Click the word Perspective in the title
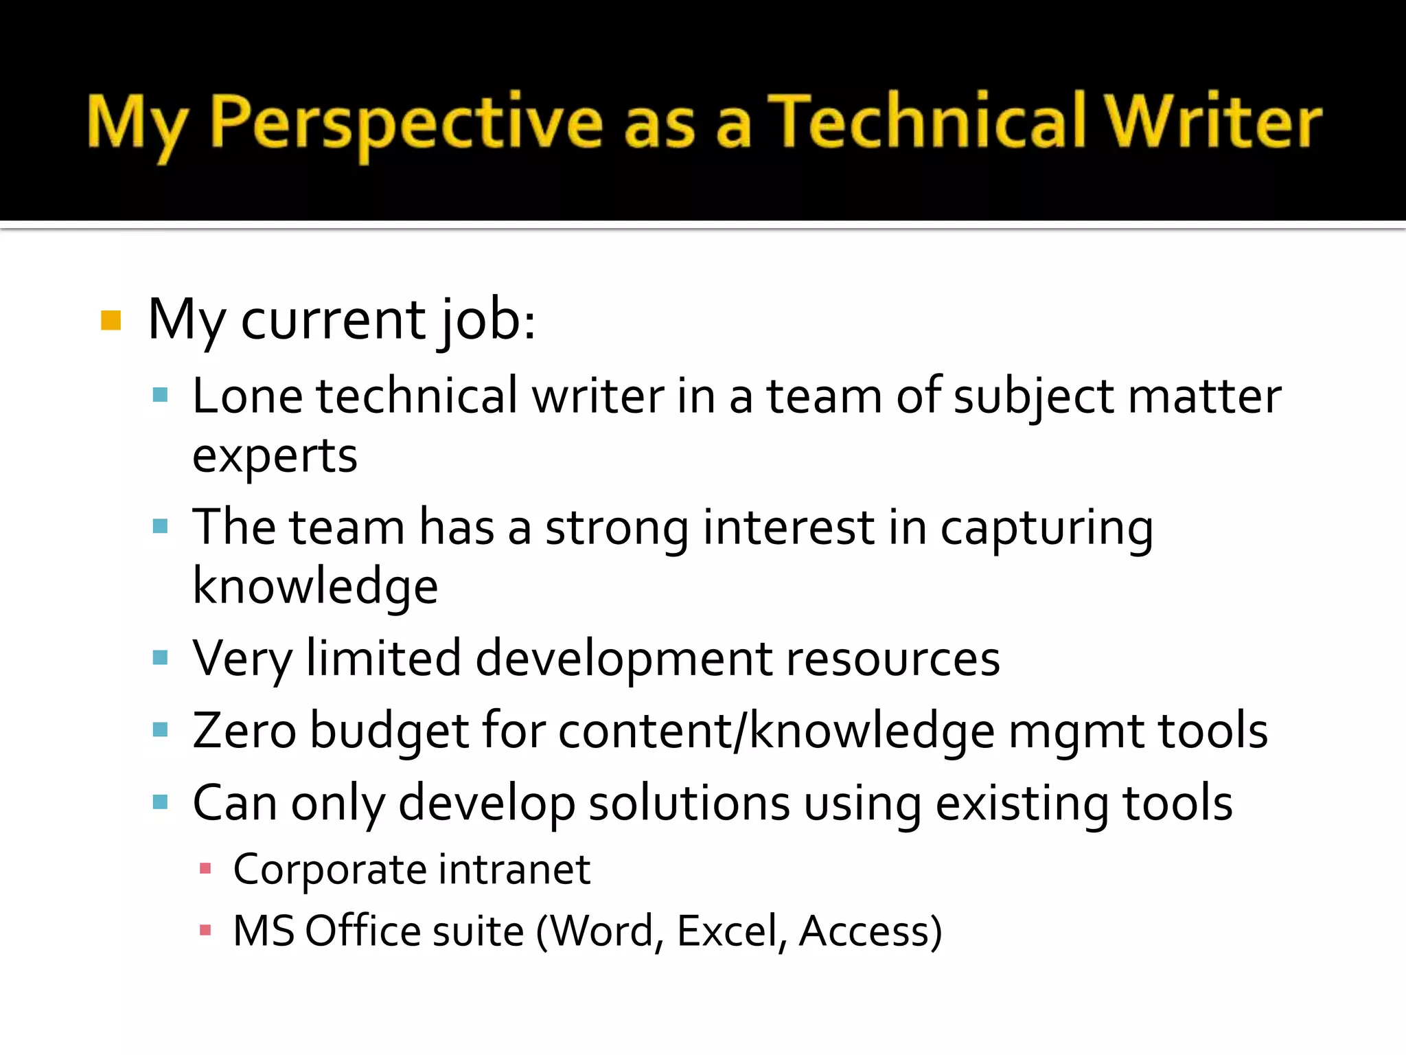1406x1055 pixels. point(406,123)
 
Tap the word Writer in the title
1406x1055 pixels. point(1213,122)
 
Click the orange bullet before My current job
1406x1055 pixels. point(111,320)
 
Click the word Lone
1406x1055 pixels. point(247,396)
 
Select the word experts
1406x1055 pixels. point(275,457)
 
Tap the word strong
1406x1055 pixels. point(616,528)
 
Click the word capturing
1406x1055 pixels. point(1046,530)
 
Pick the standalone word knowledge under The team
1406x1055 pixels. point(315,587)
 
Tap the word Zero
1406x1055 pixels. point(244,731)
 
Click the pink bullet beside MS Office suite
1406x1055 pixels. point(205,931)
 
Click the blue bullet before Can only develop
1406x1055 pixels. point(161,802)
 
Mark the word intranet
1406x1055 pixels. point(514,870)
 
